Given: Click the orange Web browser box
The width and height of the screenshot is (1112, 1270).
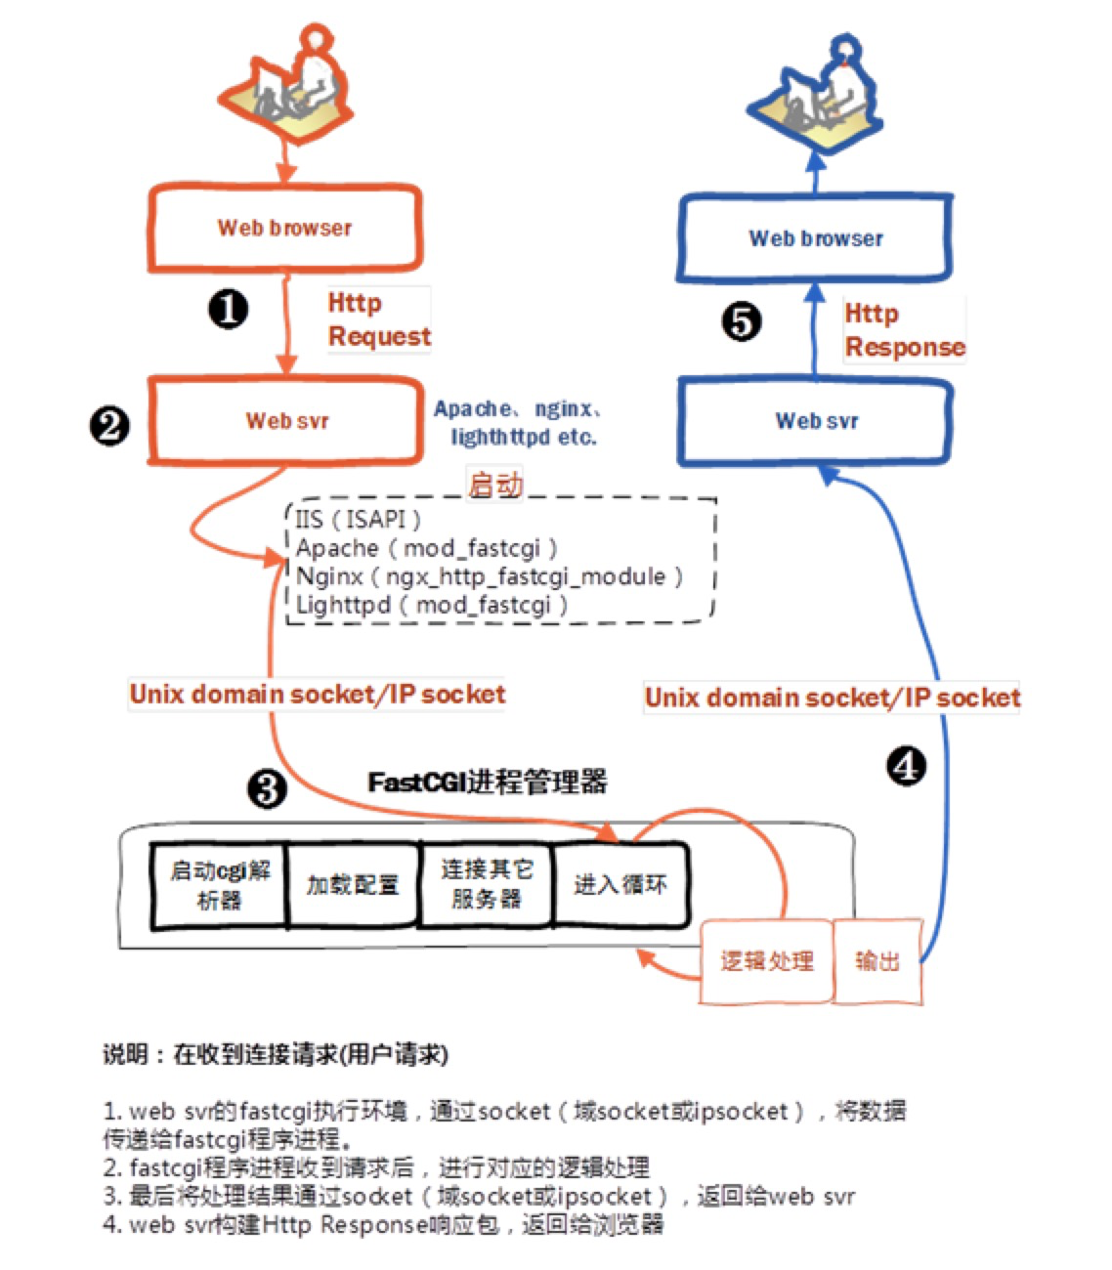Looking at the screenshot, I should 284,228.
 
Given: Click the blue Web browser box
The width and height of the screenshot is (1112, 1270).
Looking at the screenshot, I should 815,238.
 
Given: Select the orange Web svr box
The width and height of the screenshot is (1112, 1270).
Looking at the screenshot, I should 286,421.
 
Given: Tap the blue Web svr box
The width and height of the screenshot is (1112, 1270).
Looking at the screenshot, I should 816,421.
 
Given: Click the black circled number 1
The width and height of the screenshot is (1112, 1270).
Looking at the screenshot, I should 228,310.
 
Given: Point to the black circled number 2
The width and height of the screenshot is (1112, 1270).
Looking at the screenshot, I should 108,426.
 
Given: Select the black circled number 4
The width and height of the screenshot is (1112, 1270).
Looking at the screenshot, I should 906,766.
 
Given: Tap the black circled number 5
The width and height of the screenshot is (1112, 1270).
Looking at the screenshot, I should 741,321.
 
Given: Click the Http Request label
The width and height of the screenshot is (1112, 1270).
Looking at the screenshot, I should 378,319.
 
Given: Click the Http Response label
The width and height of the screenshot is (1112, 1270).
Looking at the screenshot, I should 904,330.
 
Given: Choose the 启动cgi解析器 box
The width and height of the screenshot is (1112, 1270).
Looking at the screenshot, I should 220,885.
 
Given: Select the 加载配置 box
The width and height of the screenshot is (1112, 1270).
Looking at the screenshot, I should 353,885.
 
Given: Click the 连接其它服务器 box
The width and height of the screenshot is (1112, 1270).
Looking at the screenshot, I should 486,885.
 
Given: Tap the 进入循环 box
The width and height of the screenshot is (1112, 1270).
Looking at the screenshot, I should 620,885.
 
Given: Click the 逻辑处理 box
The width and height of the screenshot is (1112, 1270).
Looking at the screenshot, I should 766,961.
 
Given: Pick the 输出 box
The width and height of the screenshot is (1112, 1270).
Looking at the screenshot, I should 877,961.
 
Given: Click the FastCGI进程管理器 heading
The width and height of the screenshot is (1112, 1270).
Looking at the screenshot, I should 488,783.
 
